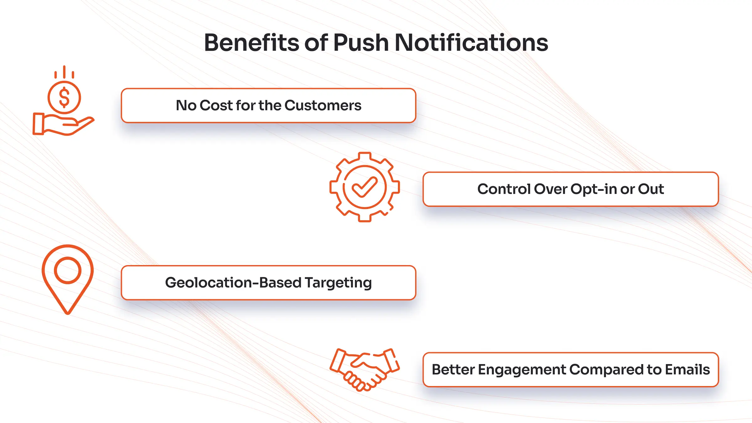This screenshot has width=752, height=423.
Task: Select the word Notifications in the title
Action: click(x=471, y=43)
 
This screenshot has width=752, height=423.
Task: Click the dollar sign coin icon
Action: click(x=64, y=97)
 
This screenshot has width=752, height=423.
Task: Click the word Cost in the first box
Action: click(x=216, y=105)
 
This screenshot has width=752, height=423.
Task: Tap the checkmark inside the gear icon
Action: click(x=364, y=187)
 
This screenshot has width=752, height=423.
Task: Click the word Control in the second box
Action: click(x=504, y=189)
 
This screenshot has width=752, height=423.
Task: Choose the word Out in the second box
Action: click(x=651, y=189)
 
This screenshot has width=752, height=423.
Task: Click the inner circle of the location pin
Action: click(x=68, y=270)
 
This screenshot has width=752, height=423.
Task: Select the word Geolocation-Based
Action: click(x=233, y=283)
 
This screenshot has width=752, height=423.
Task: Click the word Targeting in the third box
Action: click(x=338, y=283)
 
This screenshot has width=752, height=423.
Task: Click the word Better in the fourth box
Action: click(x=453, y=370)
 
